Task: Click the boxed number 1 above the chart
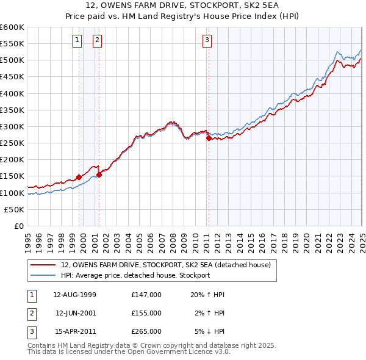click(77, 40)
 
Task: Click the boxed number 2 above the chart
click(97, 40)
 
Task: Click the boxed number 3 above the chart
click(207, 40)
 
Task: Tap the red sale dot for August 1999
click(79, 177)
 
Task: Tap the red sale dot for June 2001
click(99, 175)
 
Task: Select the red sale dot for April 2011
click(209, 139)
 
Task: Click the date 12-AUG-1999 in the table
click(75, 294)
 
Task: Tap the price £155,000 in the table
click(146, 313)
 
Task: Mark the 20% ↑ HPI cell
click(208, 294)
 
